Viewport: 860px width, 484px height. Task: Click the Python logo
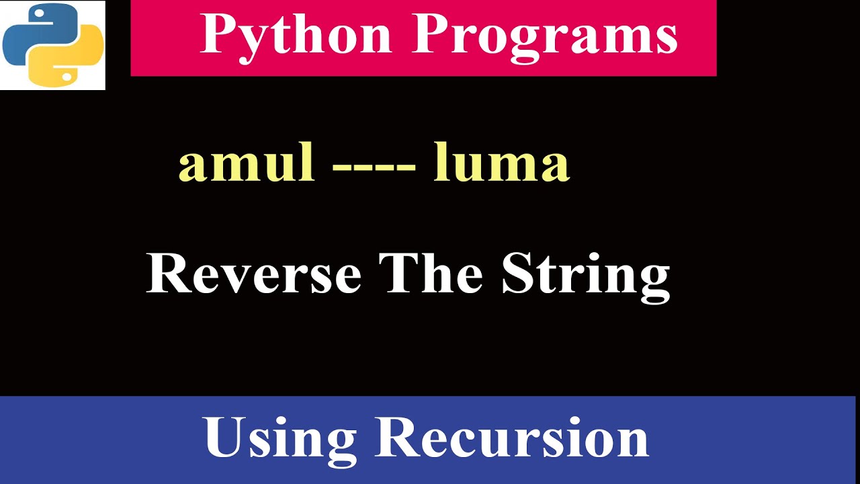(x=52, y=45)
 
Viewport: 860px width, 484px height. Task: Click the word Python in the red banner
(x=296, y=35)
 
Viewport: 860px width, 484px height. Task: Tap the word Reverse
(x=254, y=274)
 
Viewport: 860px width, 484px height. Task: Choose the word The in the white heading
(x=431, y=274)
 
